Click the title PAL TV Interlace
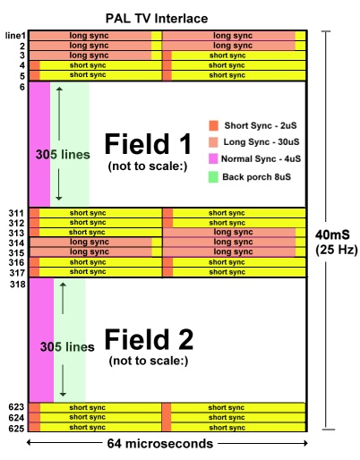point(157,19)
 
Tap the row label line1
point(15,36)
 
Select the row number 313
point(16,233)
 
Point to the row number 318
point(18,284)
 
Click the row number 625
point(16,428)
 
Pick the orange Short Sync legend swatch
point(213,125)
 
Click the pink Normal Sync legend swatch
point(213,158)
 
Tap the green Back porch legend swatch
point(213,177)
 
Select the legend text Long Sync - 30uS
point(261,141)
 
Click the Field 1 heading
point(148,144)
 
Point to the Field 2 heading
point(149,339)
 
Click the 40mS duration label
point(332,234)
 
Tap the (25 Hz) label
point(337,250)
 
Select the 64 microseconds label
point(160,444)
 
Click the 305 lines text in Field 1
point(63,155)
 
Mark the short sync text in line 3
point(227,55)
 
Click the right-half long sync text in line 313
point(233,232)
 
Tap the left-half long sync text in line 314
point(90,242)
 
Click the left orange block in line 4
point(35,65)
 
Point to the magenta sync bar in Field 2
point(41,340)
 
